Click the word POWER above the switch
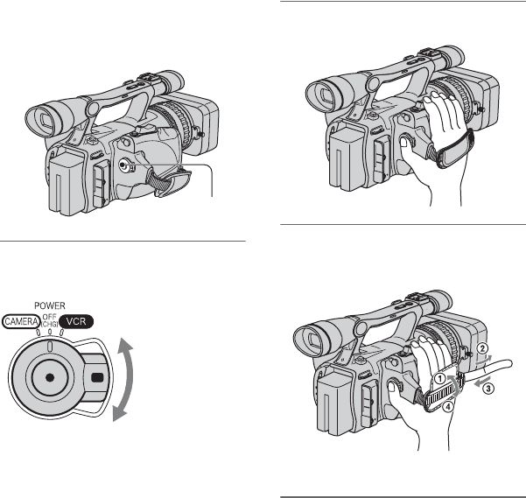coord(50,305)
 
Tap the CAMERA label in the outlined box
coord(21,321)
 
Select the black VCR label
coord(76,321)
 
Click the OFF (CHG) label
coord(50,320)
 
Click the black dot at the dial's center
coord(50,377)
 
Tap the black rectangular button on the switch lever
coord(97,377)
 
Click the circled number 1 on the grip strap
coord(439,379)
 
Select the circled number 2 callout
coord(482,348)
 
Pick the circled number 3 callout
coord(488,389)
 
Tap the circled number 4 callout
coord(448,407)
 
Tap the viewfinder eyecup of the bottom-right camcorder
coord(311,341)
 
